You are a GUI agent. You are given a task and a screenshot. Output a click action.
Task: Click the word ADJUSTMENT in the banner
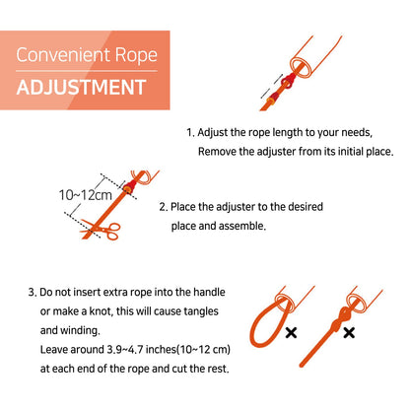81,88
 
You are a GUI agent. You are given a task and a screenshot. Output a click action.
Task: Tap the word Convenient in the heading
63,55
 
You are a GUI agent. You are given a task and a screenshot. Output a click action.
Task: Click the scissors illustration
101,230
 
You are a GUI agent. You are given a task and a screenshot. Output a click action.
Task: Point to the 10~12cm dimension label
86,195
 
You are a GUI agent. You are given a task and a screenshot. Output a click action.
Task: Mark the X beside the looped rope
291,333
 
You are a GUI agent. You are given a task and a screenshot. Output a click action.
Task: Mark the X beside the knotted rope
349,333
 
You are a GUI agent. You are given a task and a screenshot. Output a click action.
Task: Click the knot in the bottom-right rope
340,319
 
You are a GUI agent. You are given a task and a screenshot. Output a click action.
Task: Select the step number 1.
190,133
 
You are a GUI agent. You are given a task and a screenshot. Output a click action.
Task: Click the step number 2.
164,207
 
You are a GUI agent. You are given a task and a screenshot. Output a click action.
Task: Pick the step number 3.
33,293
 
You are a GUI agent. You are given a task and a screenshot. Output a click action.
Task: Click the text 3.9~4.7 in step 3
125,349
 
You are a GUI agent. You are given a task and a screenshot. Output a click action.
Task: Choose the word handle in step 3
209,292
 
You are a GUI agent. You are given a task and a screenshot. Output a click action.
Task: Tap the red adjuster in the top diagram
289,82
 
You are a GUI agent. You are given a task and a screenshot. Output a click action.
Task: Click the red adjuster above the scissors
129,186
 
